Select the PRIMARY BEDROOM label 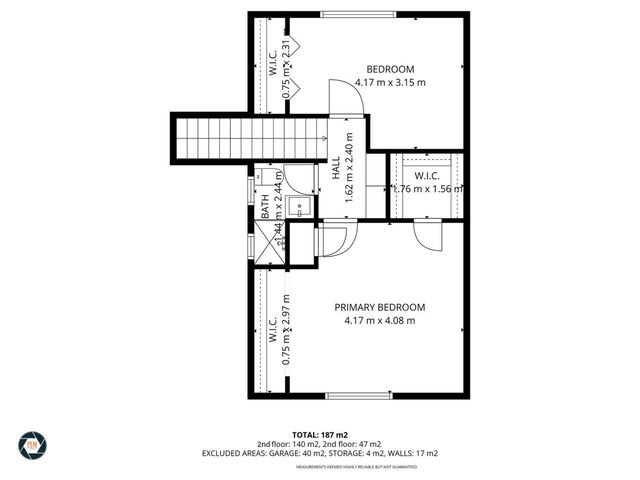(379, 307)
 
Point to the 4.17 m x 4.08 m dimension (379, 320)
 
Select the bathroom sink (298, 207)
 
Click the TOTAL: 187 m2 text (320, 435)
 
